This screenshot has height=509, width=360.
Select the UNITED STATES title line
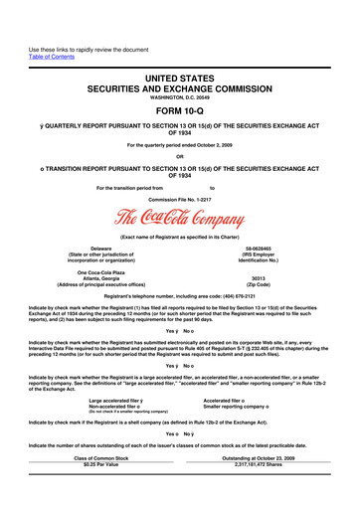tap(179, 64)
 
